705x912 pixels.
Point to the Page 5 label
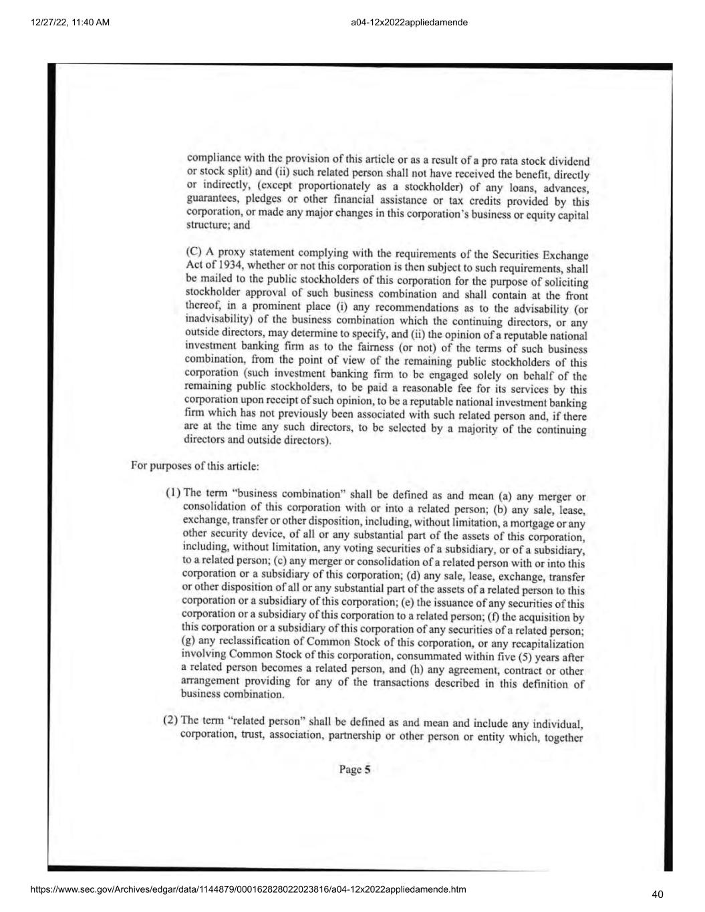pyautogui.click(x=354, y=770)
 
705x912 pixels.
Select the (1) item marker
pyautogui.click(x=173, y=493)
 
